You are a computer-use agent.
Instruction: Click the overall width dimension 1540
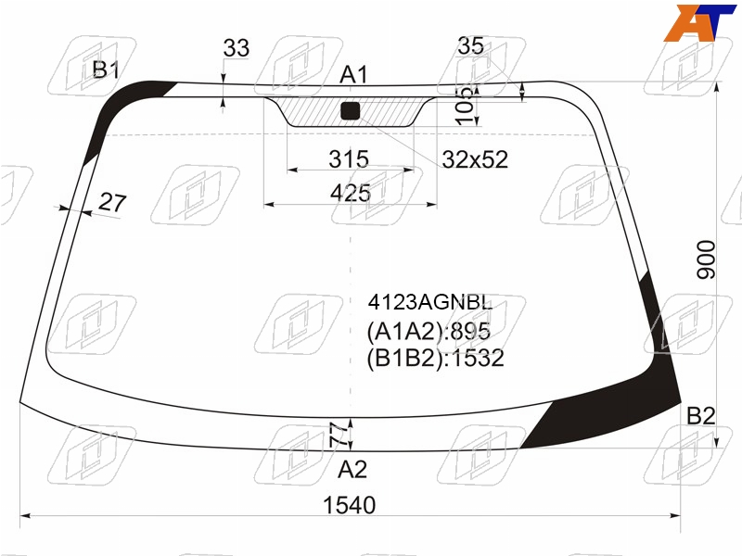pos(350,505)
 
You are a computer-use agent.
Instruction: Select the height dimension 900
pos(706,259)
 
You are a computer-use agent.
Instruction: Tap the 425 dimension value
pos(351,193)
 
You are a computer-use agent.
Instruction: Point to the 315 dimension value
pos(349,158)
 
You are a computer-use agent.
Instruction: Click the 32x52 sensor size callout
pos(475,159)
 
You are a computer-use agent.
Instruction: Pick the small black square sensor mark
pos(351,110)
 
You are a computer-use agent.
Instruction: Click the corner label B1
pos(106,70)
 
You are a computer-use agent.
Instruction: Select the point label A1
pos(353,75)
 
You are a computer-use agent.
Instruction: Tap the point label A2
pos(352,470)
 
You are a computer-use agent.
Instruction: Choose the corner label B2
pos(701,416)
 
